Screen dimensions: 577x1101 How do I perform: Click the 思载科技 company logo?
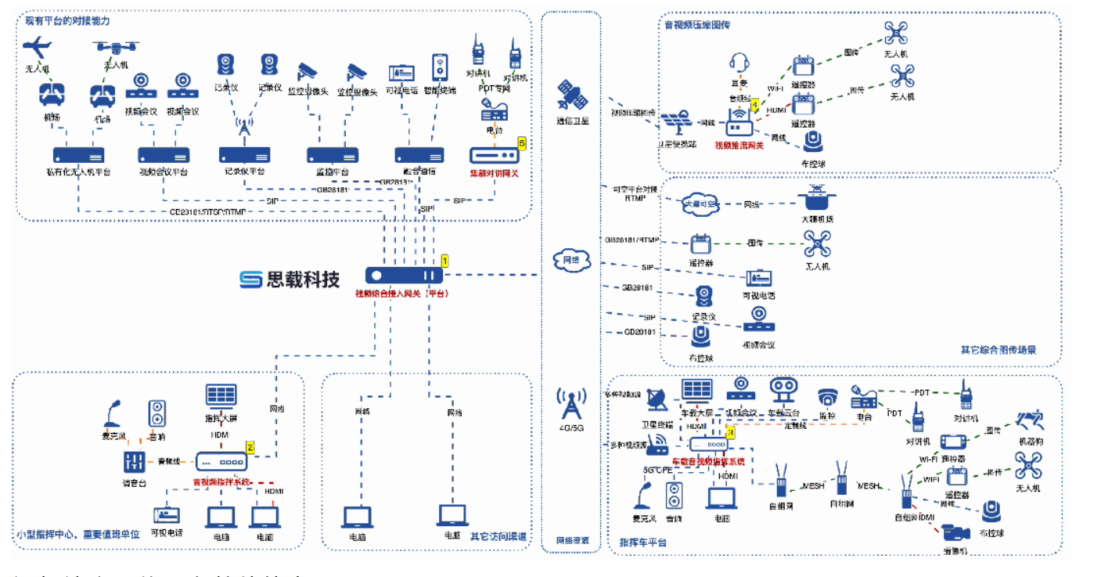click(x=290, y=279)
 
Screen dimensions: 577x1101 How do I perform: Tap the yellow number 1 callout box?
click(x=444, y=260)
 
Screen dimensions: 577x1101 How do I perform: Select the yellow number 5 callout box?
click(x=521, y=142)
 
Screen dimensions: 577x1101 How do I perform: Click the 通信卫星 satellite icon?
click(x=571, y=96)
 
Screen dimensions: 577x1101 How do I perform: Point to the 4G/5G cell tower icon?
click(x=571, y=405)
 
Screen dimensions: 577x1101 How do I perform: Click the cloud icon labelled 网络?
click(x=571, y=261)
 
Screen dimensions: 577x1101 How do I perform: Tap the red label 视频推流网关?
click(x=739, y=145)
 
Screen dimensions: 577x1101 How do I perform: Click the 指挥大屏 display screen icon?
click(x=221, y=395)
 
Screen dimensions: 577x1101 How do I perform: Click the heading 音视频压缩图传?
click(x=697, y=24)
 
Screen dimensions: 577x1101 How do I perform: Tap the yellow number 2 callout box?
click(x=250, y=447)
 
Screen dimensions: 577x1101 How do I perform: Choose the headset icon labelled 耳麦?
click(x=739, y=63)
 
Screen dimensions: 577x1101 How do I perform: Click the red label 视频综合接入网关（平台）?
click(x=401, y=294)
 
